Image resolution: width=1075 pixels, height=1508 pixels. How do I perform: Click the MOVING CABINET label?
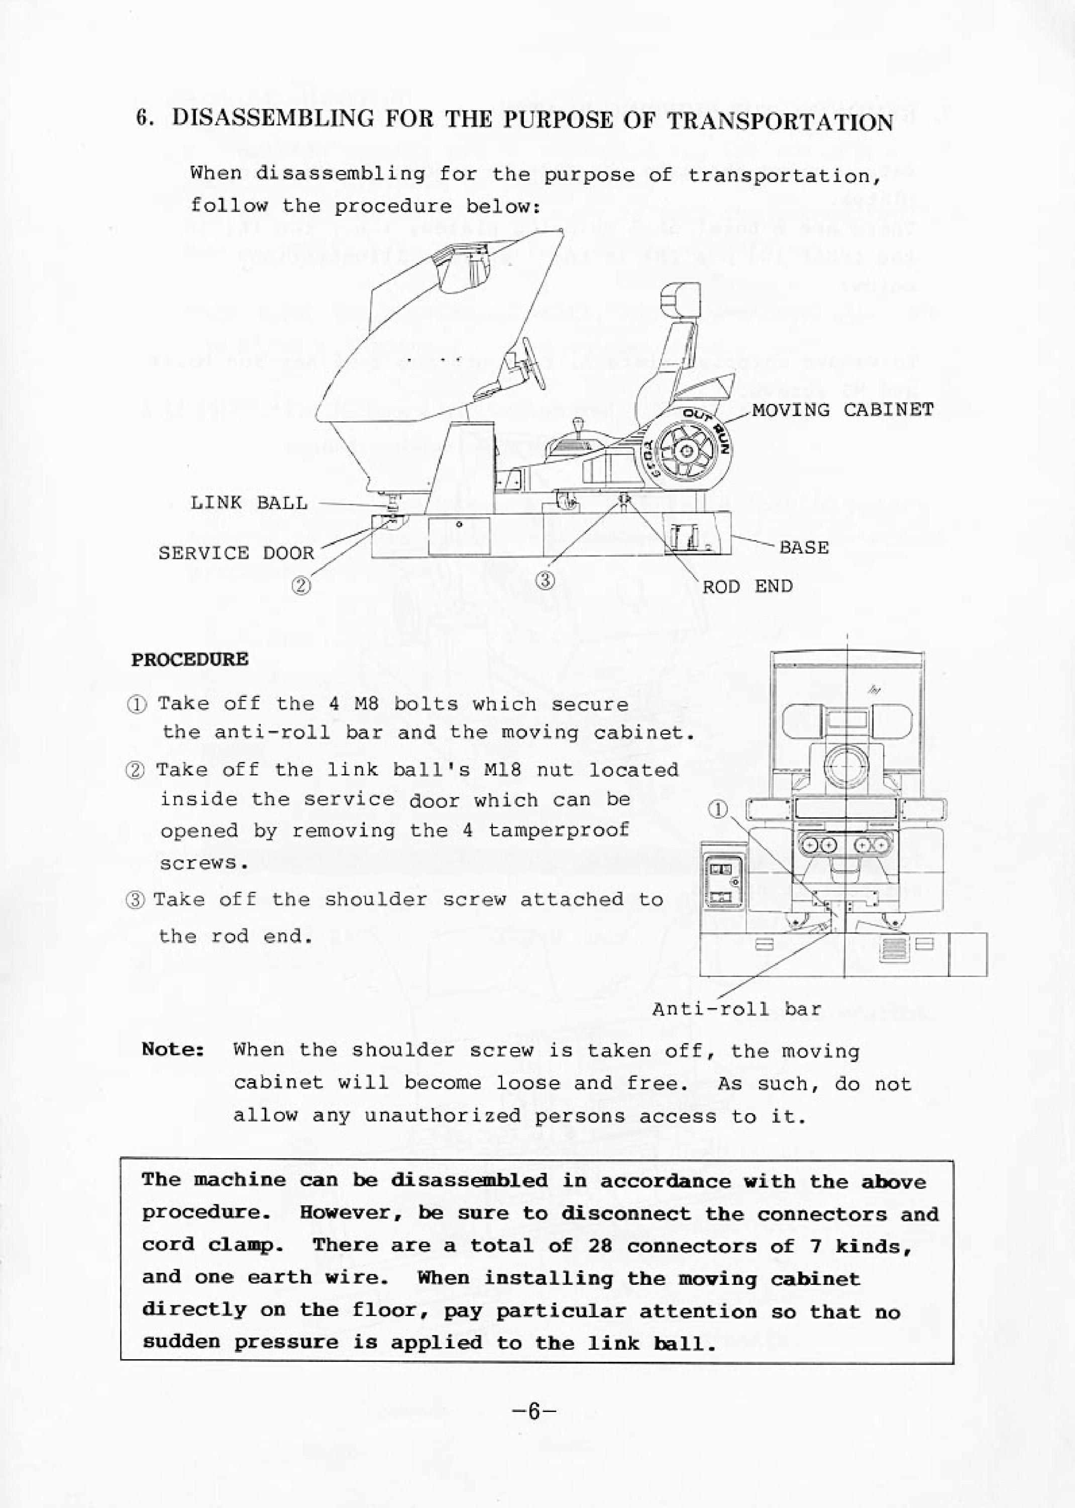[x=842, y=410]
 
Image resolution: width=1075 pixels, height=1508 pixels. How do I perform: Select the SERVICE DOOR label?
[x=236, y=553]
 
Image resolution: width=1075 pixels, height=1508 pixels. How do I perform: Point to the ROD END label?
[x=747, y=586]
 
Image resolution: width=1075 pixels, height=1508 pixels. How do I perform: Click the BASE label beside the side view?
[x=804, y=548]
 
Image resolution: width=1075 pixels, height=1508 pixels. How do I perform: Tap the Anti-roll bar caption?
[x=737, y=1009]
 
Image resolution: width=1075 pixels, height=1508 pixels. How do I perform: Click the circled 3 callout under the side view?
[x=545, y=581]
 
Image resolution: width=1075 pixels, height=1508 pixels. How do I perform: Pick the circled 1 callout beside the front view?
[x=719, y=809]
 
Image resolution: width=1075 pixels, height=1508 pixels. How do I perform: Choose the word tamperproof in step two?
[x=559, y=830]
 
